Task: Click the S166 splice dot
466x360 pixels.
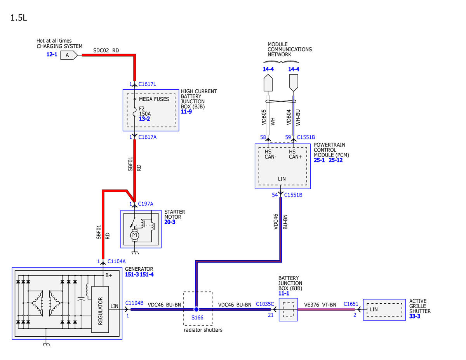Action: (196, 309)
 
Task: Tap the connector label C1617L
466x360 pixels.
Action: (147, 84)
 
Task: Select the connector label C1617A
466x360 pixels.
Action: (147, 137)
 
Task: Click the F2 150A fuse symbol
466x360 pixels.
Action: (134, 112)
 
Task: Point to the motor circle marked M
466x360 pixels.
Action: (134, 235)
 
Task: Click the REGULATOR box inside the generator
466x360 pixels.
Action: (100, 310)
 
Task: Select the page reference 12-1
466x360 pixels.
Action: (52, 54)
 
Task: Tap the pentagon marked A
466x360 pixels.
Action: (69, 55)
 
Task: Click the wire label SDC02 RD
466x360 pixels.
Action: (106, 50)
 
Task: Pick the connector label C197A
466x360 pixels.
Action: (145, 204)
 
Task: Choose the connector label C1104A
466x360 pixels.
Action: (116, 261)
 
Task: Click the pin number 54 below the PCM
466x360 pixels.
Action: (275, 195)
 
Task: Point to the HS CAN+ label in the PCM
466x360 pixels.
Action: (295, 154)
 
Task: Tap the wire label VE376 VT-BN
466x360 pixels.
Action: (320, 305)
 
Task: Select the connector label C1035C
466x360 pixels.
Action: (265, 304)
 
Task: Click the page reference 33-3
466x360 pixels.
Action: (414, 316)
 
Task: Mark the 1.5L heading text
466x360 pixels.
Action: (19, 18)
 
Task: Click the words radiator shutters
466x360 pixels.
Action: (203, 330)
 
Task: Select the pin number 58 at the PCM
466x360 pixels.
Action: (263, 137)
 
